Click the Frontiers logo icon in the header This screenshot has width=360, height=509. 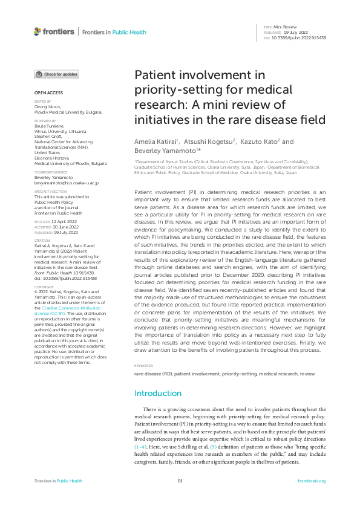[38, 31]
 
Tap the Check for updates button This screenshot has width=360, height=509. [56, 74]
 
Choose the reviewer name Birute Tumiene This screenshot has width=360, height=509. [51, 126]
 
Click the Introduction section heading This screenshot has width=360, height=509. [157, 393]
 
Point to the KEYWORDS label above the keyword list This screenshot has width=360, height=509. [143, 366]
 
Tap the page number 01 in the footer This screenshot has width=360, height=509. [180, 481]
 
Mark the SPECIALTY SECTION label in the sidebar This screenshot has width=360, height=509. [49, 192]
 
